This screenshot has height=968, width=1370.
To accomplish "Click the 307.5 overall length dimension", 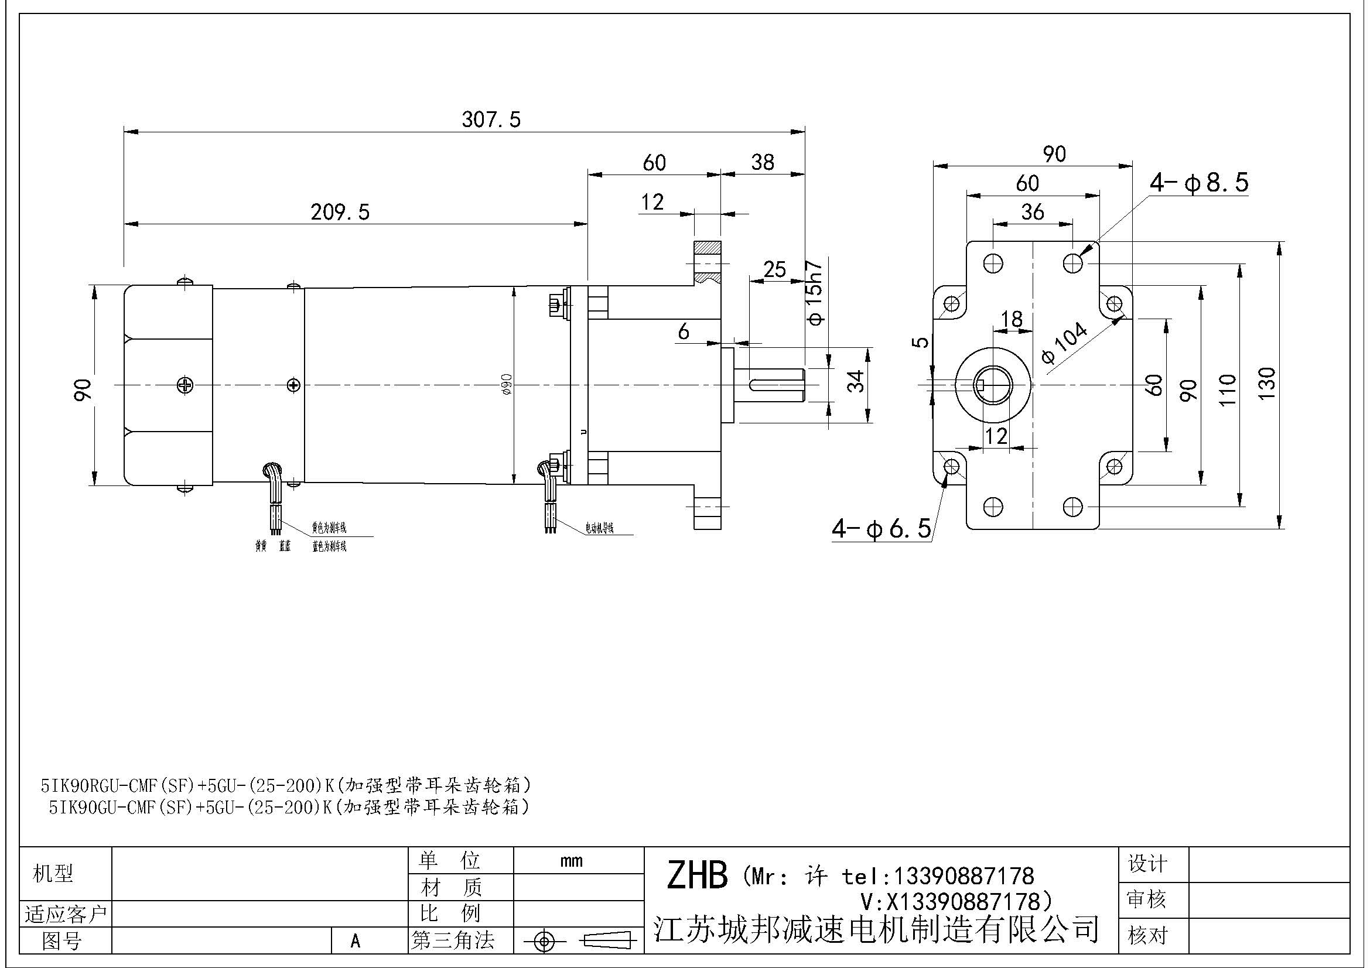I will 491,120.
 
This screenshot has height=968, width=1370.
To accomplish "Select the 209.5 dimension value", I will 340,212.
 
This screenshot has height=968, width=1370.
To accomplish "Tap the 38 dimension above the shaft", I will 763,162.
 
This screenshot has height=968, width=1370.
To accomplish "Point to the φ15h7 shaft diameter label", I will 815,293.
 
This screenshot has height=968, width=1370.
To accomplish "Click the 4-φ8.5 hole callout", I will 1199,183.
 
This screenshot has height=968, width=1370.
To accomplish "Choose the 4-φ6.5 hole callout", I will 882,528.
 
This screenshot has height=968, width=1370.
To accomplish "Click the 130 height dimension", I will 1267,385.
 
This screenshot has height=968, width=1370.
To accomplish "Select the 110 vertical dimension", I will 1228,390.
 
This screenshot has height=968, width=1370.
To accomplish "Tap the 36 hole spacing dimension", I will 1032,212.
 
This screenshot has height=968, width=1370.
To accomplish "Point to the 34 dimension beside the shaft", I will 856,381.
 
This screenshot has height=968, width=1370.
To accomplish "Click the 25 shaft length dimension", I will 774,269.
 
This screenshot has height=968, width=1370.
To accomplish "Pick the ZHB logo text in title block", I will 697,876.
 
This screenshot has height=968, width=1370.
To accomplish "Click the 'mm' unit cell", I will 572,861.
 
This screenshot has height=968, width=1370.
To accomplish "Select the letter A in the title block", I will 356,940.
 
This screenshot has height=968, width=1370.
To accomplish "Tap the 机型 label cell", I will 53,874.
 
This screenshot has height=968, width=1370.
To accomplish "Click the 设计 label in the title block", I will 1147,863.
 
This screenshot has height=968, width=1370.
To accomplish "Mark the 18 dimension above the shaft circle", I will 1012,319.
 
